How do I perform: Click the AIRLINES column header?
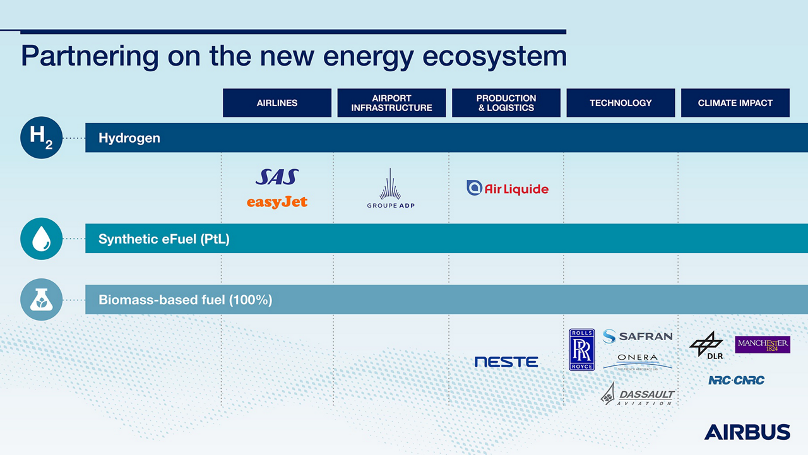(x=276, y=103)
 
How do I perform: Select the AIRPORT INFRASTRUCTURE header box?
(x=391, y=103)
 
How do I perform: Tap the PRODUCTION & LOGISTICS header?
(x=506, y=103)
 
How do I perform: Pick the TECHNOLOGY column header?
(x=621, y=103)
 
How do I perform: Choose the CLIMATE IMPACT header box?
(x=735, y=103)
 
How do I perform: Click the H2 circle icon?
(x=41, y=138)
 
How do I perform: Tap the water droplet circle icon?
(x=41, y=239)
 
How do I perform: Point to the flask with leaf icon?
(x=41, y=300)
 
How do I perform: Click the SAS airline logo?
(x=277, y=177)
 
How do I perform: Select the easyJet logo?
(x=277, y=202)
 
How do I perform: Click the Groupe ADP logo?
(x=391, y=189)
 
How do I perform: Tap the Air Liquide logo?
(x=508, y=188)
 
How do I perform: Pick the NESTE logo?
(x=506, y=362)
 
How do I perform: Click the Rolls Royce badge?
(x=581, y=350)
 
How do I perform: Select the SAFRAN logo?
(x=637, y=336)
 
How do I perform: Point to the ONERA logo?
(x=638, y=360)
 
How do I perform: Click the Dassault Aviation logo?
(x=638, y=394)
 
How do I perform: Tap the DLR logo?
(x=706, y=346)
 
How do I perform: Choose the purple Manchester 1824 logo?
(x=763, y=345)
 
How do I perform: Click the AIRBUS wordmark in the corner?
(x=747, y=432)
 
